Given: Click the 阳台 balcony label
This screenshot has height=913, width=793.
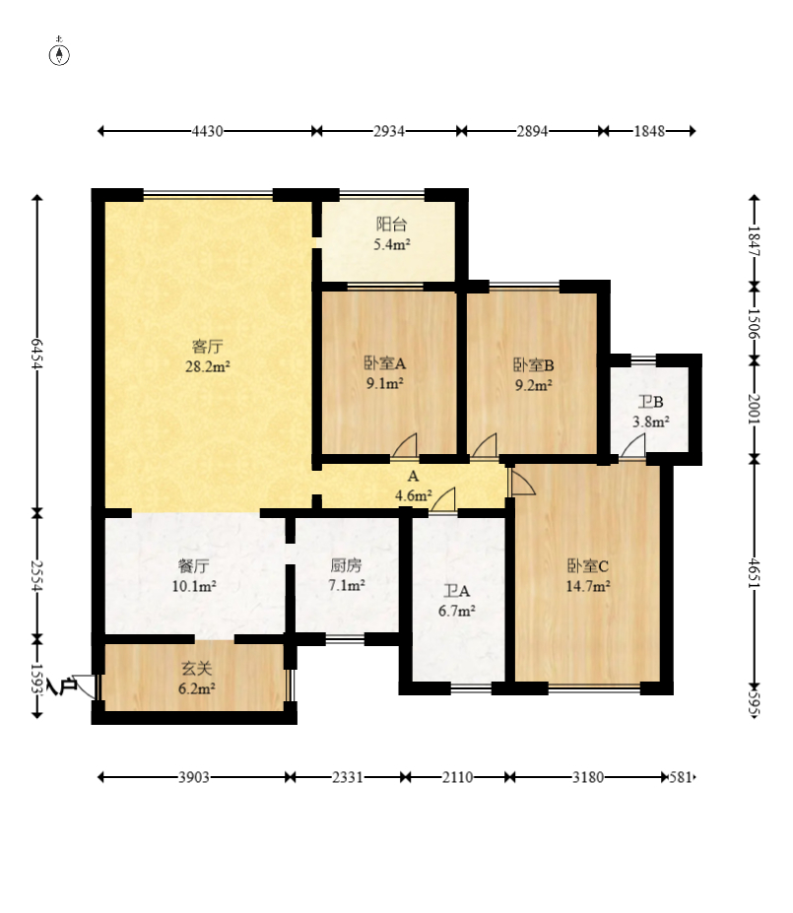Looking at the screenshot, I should tap(391, 225).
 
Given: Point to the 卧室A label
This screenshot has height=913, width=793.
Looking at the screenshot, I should tap(384, 362).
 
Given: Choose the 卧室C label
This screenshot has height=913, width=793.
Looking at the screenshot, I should tap(588, 565).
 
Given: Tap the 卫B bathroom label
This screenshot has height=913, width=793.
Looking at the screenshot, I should tap(650, 402).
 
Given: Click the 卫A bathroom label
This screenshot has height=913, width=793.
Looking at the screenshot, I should tap(458, 591).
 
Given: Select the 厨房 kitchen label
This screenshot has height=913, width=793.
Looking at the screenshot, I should tap(347, 565).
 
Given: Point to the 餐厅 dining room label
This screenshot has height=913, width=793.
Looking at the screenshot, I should tap(195, 565).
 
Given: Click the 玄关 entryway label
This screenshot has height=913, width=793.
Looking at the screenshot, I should tap(195, 669).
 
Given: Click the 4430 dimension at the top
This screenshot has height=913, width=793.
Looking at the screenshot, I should tap(208, 130).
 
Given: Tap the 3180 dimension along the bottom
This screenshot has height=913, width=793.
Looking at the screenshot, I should tap(588, 777).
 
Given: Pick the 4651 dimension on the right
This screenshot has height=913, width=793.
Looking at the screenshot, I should tap(755, 572).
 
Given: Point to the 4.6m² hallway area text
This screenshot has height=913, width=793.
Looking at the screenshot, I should tap(412, 496).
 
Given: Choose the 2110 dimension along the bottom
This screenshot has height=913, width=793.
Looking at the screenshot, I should tap(457, 777).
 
